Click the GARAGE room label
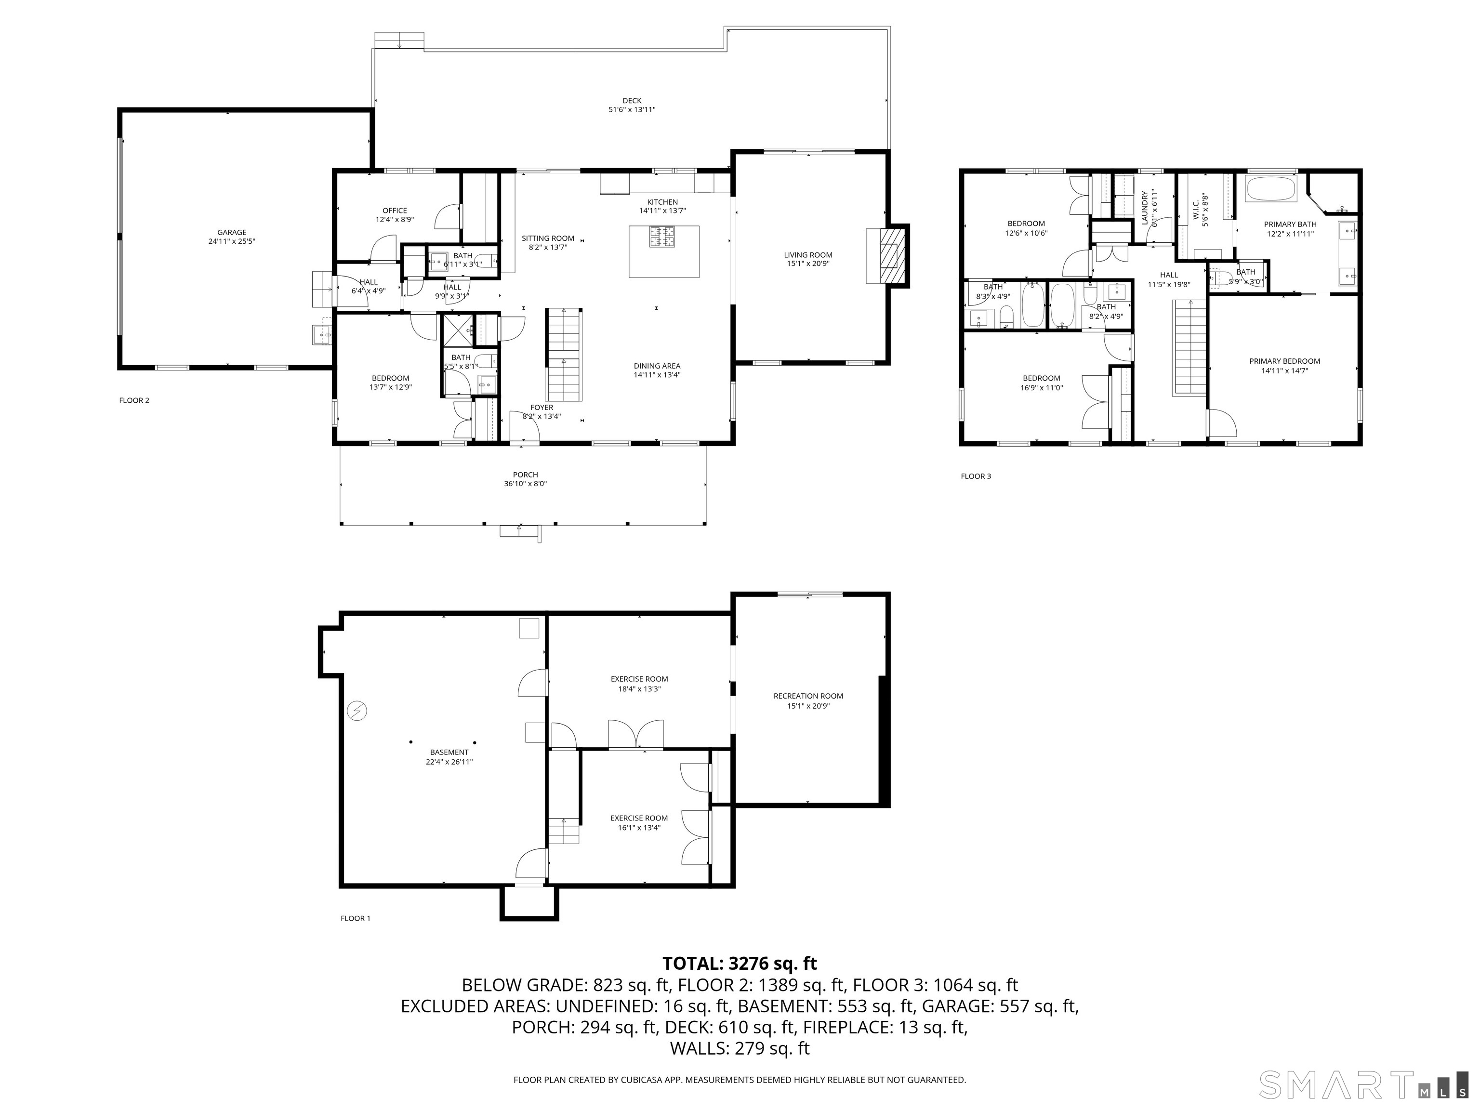pyautogui.click(x=232, y=233)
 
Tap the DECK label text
pyautogui.click(x=632, y=101)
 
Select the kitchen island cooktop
pyautogui.click(x=663, y=237)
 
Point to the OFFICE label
pyautogui.click(x=395, y=211)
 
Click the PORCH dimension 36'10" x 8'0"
pyautogui.click(x=526, y=484)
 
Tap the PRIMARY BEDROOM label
pyautogui.click(x=1284, y=361)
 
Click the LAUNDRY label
pyautogui.click(x=1145, y=208)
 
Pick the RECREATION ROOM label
pyautogui.click(x=808, y=696)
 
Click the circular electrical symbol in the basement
pyautogui.click(x=357, y=711)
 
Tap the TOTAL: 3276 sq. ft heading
pyautogui.click(x=740, y=964)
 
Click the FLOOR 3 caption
pyautogui.click(x=976, y=476)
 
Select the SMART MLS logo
pyautogui.click(x=1363, y=1084)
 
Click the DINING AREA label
pyautogui.click(x=657, y=366)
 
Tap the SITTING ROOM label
pyautogui.click(x=548, y=238)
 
